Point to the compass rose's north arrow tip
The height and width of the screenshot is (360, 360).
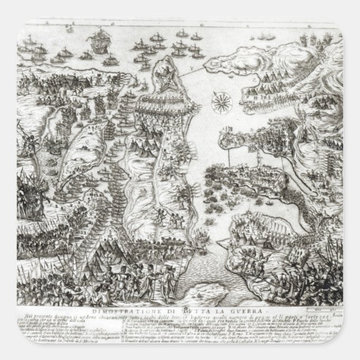pos(216,93)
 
